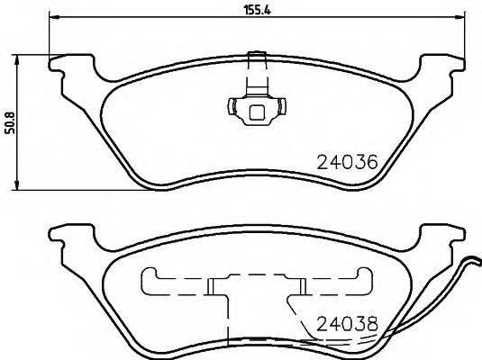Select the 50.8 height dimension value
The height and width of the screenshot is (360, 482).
pyautogui.click(x=12, y=121)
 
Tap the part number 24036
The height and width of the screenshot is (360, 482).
pyautogui.click(x=346, y=162)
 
